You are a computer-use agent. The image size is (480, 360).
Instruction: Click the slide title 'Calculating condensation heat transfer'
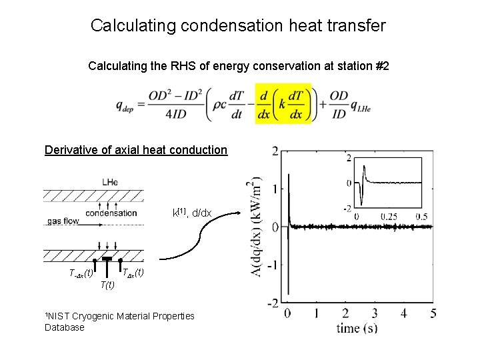point(238,26)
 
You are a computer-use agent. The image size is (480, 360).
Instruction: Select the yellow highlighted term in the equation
point(283,105)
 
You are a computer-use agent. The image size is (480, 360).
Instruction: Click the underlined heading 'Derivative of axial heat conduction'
point(136,150)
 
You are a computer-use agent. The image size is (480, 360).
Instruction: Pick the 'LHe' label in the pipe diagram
point(111,181)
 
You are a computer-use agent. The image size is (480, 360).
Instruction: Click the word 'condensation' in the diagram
point(111,213)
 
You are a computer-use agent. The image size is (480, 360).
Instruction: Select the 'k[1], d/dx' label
point(192,213)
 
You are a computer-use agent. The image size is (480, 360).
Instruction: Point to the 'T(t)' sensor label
point(107,285)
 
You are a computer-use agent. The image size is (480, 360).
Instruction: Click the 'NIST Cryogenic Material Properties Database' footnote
point(119,321)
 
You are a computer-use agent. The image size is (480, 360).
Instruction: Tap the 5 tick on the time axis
point(433,313)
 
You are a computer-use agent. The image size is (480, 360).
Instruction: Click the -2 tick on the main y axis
point(273,303)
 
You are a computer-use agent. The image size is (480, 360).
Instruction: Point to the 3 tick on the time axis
point(375,313)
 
